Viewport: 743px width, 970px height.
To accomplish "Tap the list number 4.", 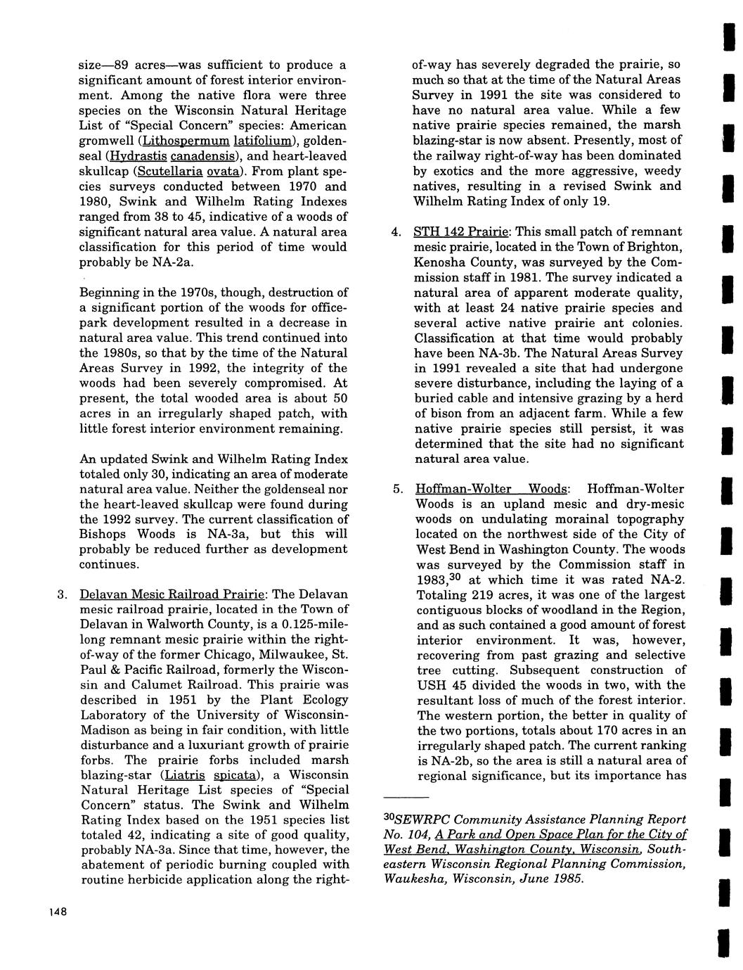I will click(396, 231).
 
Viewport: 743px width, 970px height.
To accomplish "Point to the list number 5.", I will click(397, 489).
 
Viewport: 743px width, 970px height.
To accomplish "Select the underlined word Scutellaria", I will click(168, 172).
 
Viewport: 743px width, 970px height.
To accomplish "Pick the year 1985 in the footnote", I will click(567, 879).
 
